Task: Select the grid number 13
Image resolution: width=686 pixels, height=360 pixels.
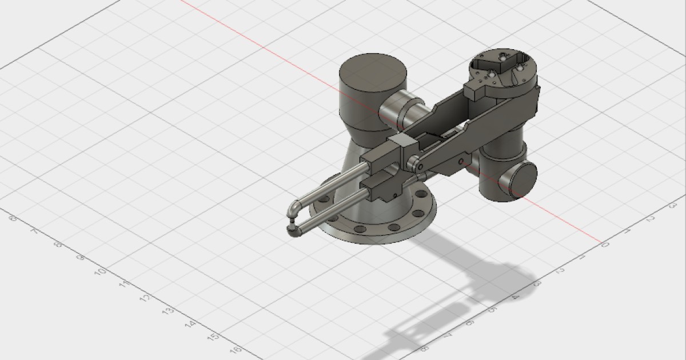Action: pos(168,311)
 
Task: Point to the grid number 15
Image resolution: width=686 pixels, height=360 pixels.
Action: pos(213,337)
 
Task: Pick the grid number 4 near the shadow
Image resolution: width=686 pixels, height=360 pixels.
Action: pos(516,297)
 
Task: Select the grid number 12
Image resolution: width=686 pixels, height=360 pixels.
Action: pos(145,298)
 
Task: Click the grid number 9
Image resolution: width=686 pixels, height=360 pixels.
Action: pos(81,258)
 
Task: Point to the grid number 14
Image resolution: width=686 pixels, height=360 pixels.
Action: pos(190,324)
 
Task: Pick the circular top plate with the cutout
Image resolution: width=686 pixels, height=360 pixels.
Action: pos(503,67)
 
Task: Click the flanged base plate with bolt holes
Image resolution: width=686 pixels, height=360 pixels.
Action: pos(377,226)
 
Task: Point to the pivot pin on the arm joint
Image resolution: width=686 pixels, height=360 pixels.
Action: pos(420,166)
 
